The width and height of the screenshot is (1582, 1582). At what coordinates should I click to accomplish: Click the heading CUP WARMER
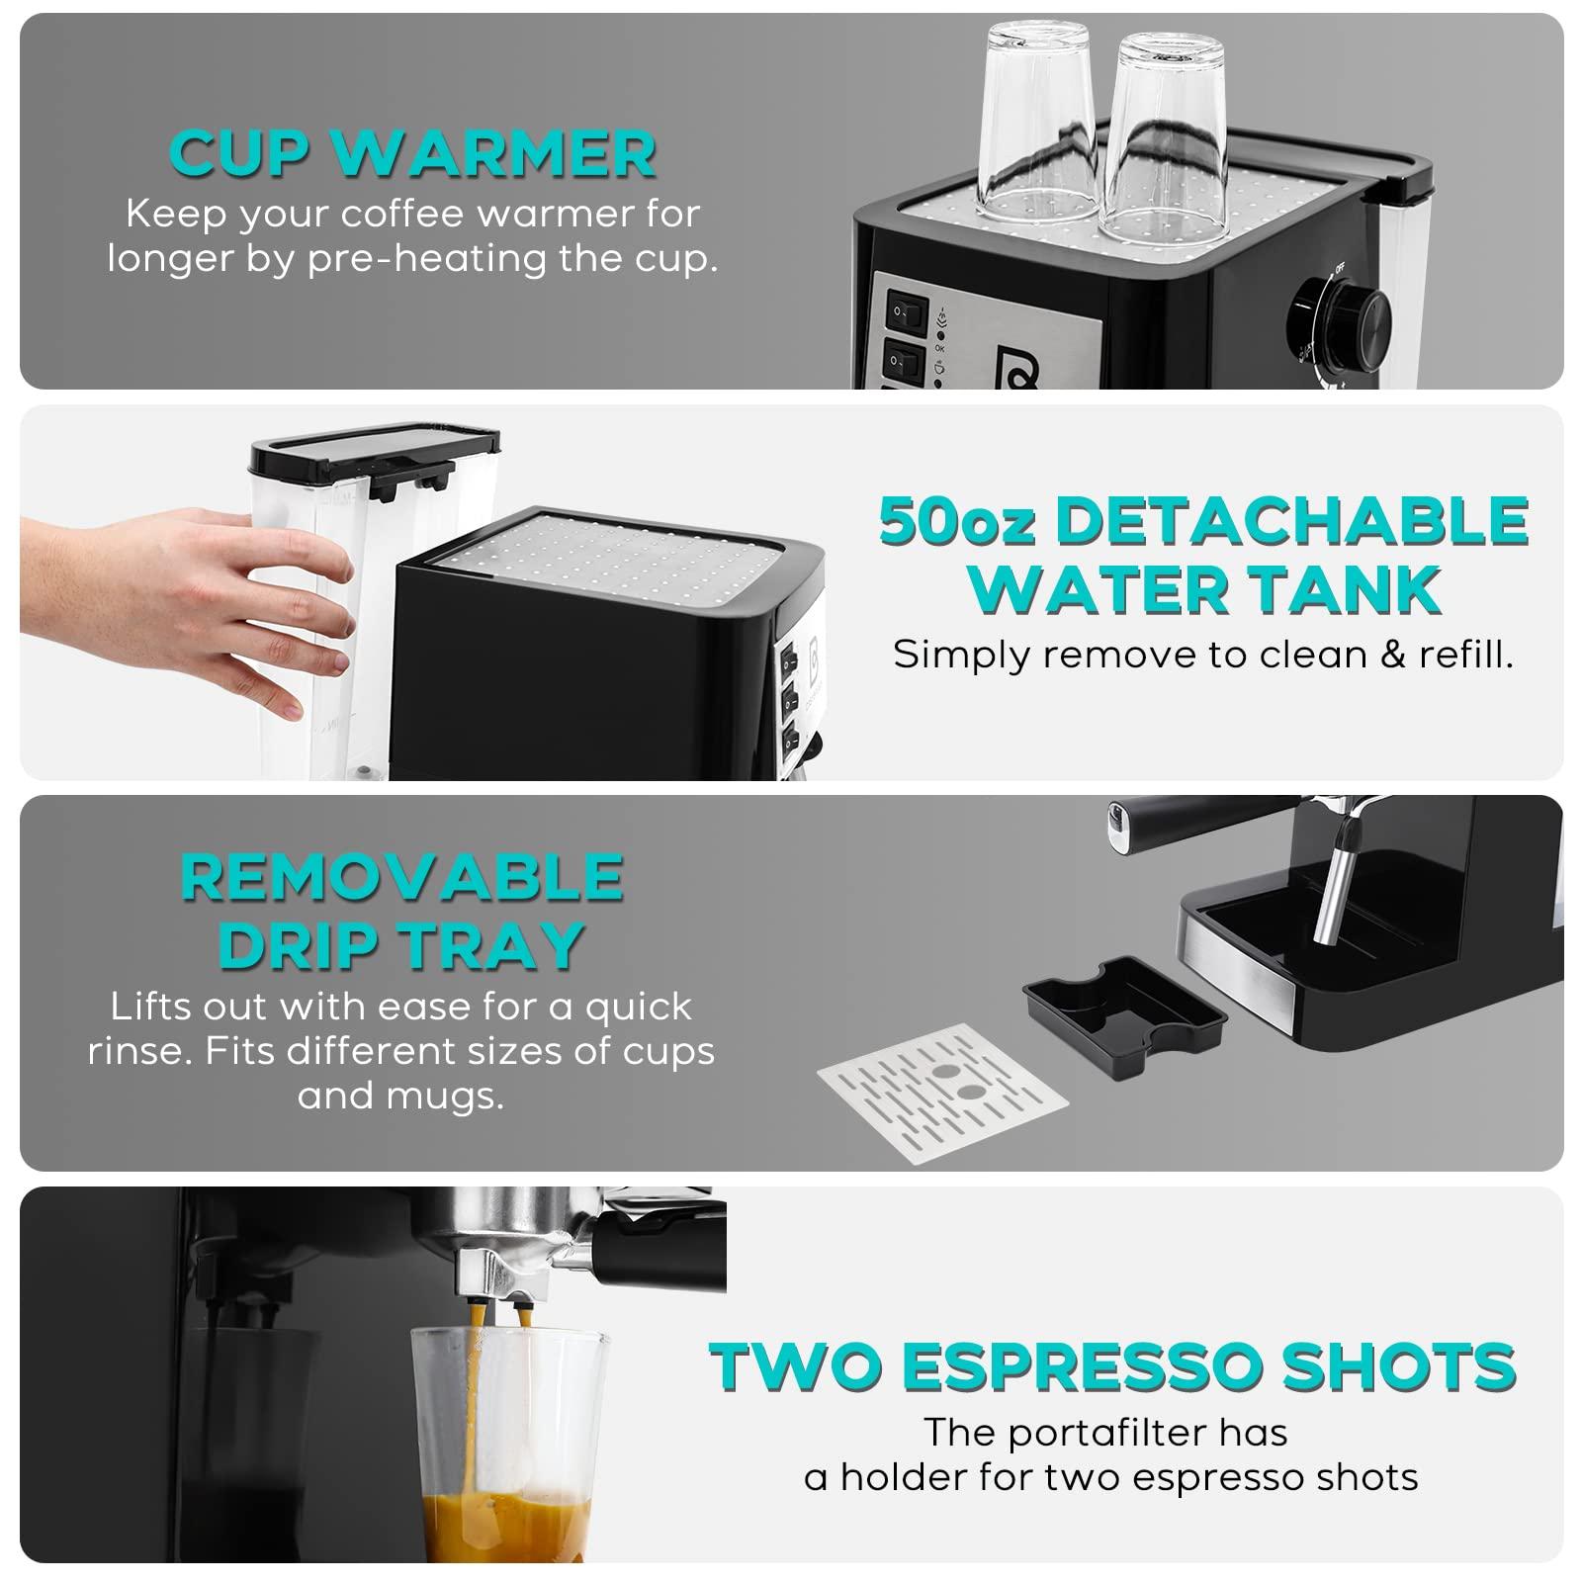pyautogui.click(x=413, y=153)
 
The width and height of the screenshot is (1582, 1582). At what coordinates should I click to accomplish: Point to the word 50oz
pyautogui.click(x=956, y=521)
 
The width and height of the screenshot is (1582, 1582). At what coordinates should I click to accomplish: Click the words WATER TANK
pyautogui.click(x=1203, y=589)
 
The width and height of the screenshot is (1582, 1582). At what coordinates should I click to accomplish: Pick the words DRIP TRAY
pyautogui.click(x=401, y=944)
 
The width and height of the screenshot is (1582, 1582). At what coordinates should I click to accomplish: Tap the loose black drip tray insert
pyautogui.click(x=1123, y=1009)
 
